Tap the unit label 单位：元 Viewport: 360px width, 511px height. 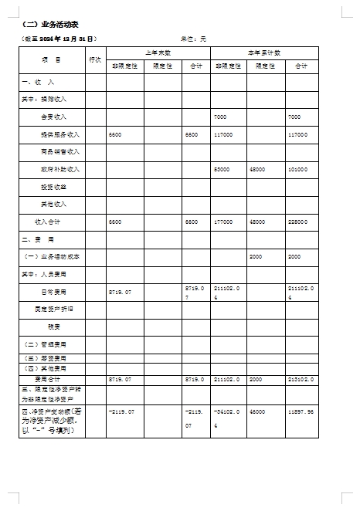coord(194,38)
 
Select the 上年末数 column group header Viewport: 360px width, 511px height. coord(158,52)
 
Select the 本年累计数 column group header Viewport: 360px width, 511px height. coord(264,52)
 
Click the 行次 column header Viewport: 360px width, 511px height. coord(96,59)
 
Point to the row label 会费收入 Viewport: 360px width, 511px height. coord(53,117)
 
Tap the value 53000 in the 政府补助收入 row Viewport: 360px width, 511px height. coord(222,169)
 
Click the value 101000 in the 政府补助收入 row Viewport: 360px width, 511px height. coord(297,169)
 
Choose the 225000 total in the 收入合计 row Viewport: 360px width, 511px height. coord(297,222)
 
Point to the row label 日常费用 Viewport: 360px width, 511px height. coord(53,292)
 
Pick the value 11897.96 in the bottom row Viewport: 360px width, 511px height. coord(300,412)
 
